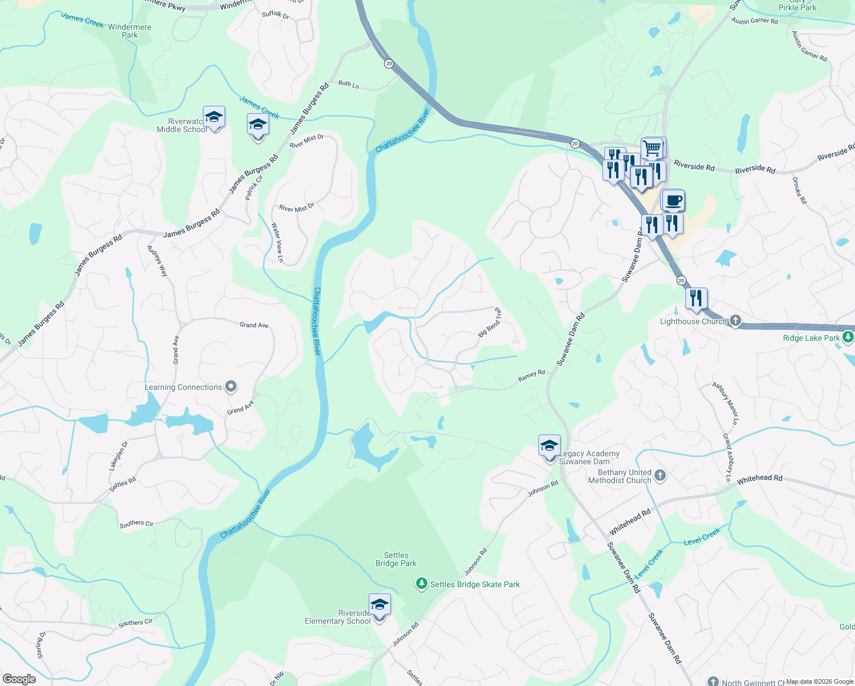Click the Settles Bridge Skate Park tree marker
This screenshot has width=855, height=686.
pyautogui.click(x=421, y=584)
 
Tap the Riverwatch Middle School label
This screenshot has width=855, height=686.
pyautogui.click(x=182, y=126)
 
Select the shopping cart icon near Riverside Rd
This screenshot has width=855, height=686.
pyautogui.click(x=652, y=149)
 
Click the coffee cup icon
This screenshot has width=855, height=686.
pyautogui.click(x=673, y=201)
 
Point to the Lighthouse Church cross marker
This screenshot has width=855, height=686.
pyautogui.click(x=736, y=321)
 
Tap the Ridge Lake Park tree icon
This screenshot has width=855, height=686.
pyautogui.click(x=849, y=337)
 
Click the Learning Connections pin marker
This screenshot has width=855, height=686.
pyautogui.click(x=231, y=387)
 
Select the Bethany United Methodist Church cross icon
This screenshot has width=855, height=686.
pyautogui.click(x=660, y=476)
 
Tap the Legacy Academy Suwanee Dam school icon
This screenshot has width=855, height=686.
pyautogui.click(x=549, y=446)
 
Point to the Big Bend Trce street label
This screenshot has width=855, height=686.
pyautogui.click(x=490, y=322)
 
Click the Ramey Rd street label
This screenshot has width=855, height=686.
pyautogui.click(x=532, y=376)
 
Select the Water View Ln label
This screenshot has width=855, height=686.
pyautogui.click(x=277, y=242)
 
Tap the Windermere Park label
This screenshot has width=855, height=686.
pyautogui.click(x=130, y=31)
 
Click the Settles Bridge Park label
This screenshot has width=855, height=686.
pyautogui.click(x=396, y=559)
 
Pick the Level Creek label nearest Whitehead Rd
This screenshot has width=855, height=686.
pyautogui.click(x=702, y=537)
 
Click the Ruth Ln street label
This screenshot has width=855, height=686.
pyautogui.click(x=349, y=84)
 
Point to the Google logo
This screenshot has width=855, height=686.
pyautogui.click(x=19, y=679)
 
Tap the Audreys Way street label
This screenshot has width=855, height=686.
pyautogui.click(x=158, y=261)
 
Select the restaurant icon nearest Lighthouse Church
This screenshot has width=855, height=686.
pyautogui.click(x=696, y=299)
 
